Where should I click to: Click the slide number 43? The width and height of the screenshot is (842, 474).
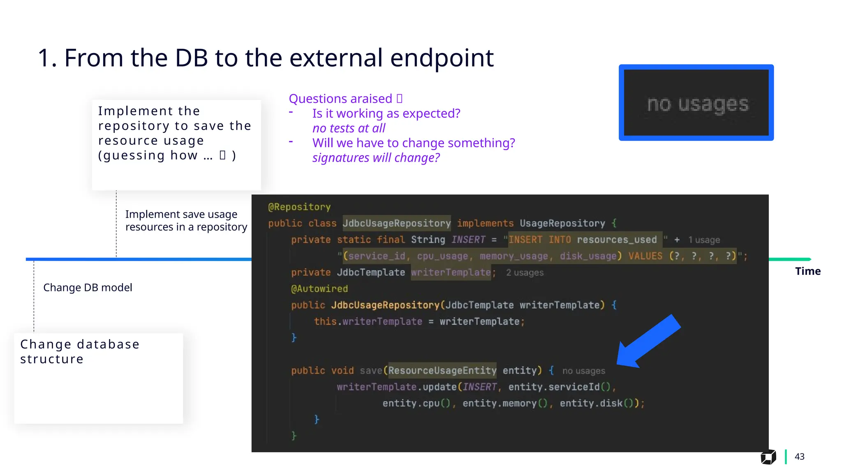(799, 456)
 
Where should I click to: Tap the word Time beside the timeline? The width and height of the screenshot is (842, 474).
(807, 271)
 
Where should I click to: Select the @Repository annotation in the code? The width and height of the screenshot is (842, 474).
(299, 207)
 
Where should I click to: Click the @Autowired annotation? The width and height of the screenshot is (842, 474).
(319, 289)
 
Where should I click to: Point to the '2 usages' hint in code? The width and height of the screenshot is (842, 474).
(525, 272)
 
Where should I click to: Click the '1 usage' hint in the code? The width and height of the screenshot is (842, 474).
(704, 240)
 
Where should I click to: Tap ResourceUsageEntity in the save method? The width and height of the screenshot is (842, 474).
(442, 371)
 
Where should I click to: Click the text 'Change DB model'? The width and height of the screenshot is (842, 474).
(88, 288)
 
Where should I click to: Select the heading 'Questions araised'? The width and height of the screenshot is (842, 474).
(340, 99)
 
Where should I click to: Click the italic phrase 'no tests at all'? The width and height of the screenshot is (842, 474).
(349, 128)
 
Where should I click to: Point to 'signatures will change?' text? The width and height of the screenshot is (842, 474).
(376, 158)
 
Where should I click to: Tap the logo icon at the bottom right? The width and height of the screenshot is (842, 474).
(768, 457)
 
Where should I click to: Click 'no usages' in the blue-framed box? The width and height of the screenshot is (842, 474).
(697, 104)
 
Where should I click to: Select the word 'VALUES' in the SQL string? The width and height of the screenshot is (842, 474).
(645, 256)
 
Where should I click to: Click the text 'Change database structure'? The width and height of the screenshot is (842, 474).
(80, 351)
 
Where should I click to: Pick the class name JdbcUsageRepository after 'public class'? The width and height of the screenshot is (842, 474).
(396, 223)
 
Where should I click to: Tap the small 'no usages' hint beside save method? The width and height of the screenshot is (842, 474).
(583, 371)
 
